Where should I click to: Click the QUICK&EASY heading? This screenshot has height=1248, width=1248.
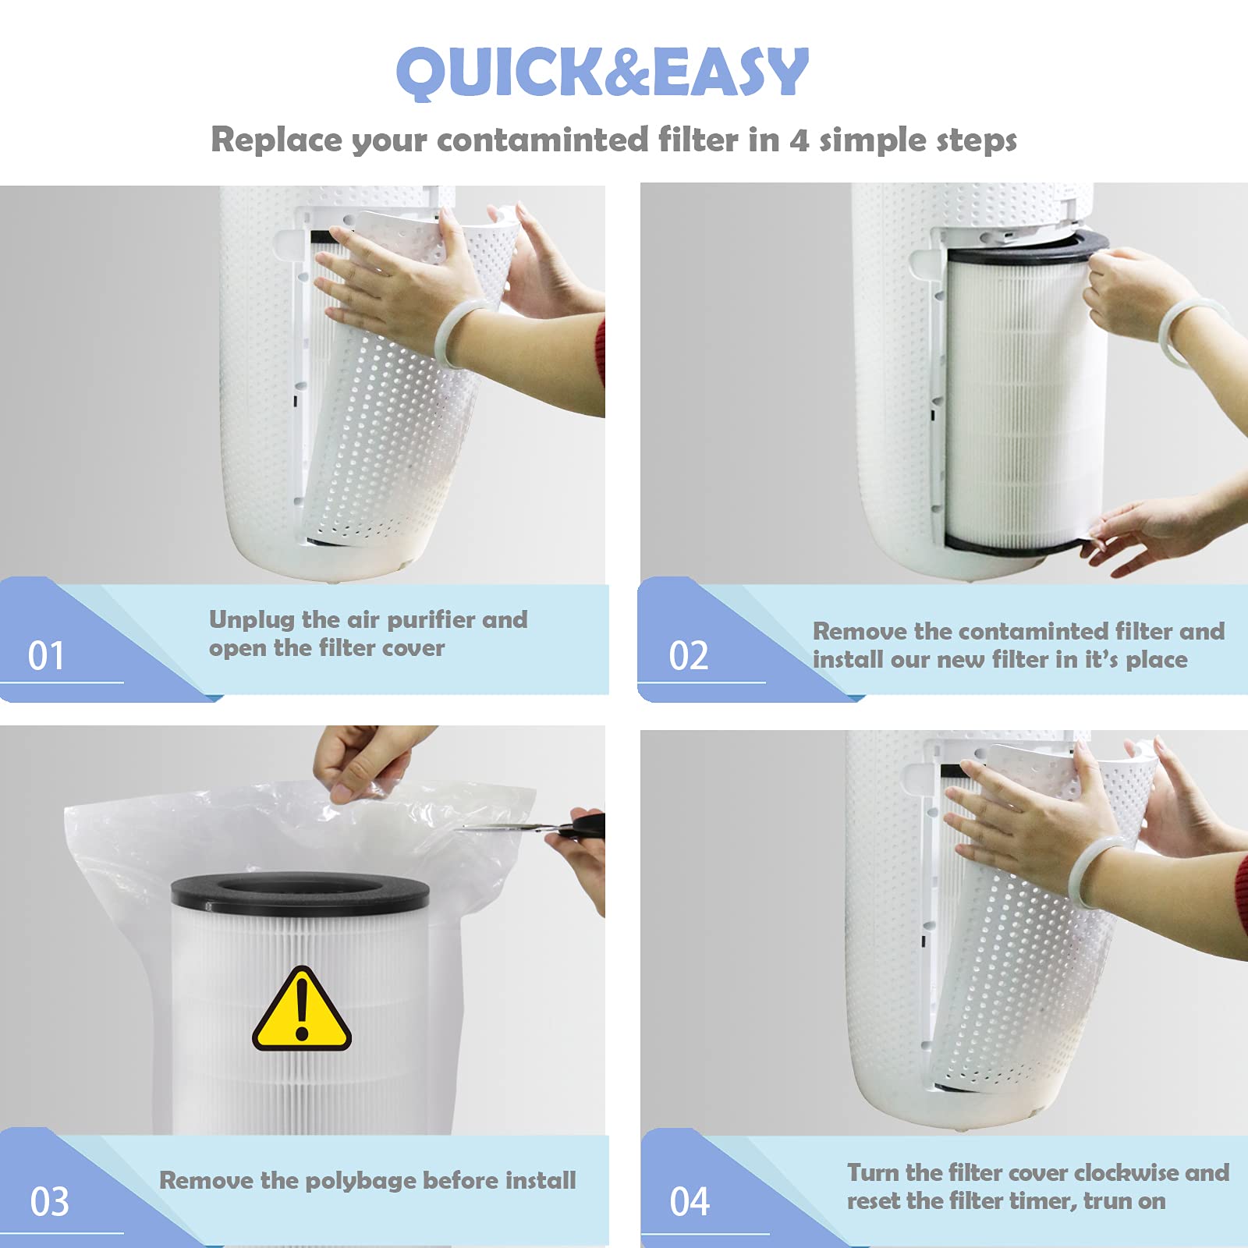[602, 72]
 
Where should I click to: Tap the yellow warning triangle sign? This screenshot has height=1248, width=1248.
[301, 1011]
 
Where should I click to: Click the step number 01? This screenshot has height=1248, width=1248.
[46, 656]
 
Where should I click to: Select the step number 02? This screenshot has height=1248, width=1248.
[689, 656]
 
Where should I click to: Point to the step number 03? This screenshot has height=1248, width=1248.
[49, 1202]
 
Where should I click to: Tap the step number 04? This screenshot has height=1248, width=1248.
[690, 1202]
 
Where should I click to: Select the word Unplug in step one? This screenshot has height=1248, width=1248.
[252, 620]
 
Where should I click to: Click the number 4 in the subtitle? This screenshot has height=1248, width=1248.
[798, 140]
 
